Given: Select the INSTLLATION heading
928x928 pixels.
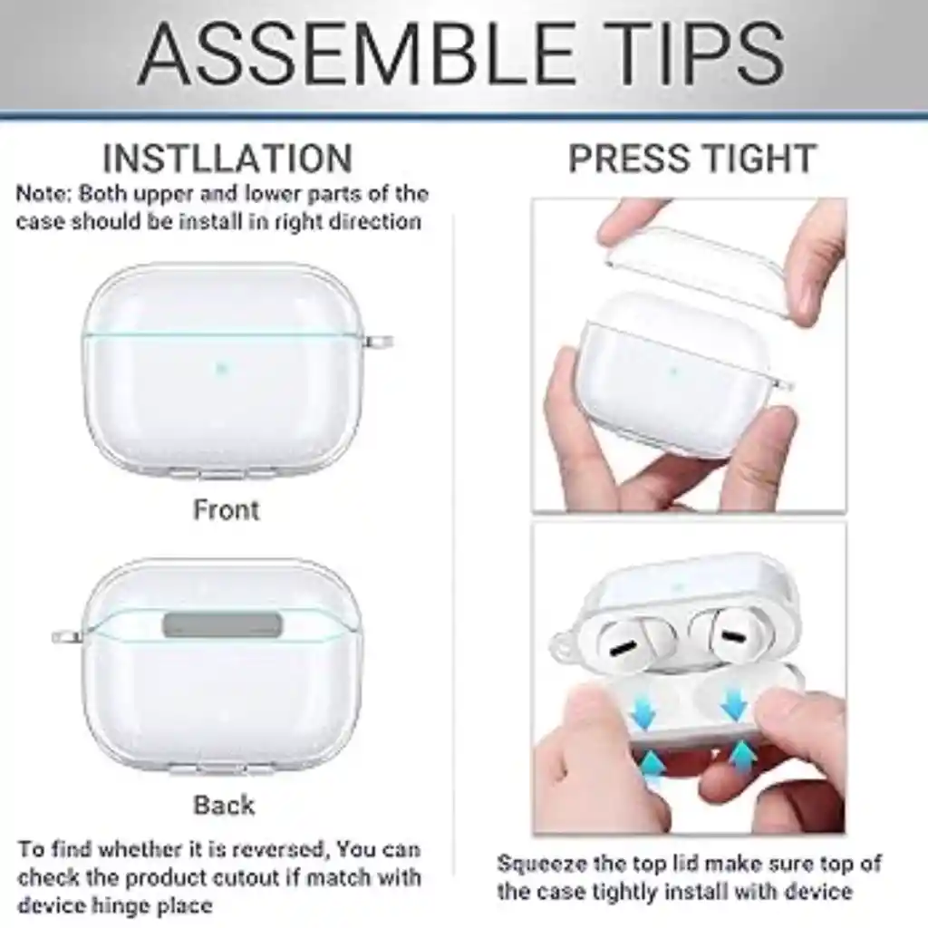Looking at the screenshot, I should (227, 159).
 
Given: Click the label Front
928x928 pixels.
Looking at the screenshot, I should (226, 510).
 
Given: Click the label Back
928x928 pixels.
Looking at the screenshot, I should (224, 805).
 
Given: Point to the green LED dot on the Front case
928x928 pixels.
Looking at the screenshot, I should (220, 368).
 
